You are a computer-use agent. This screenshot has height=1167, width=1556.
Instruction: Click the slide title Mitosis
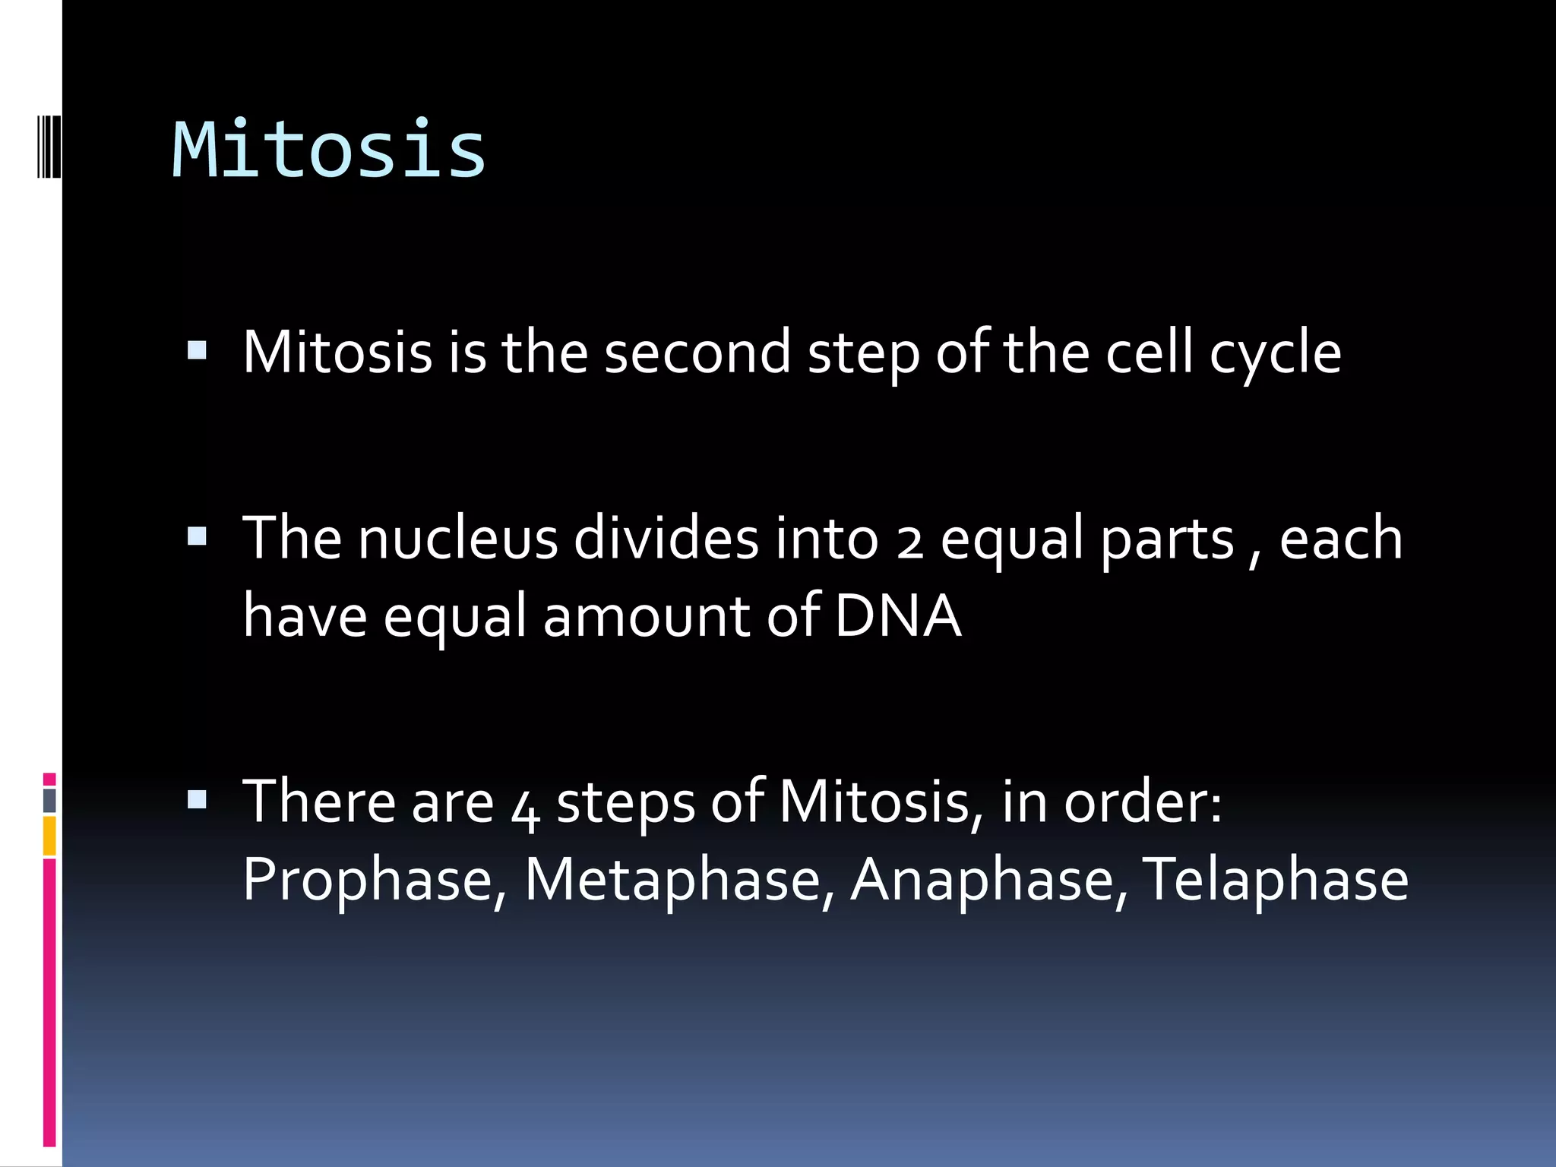pyautogui.click(x=328, y=150)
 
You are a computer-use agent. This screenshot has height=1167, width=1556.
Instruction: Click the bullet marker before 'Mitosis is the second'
pyautogui.click(x=197, y=349)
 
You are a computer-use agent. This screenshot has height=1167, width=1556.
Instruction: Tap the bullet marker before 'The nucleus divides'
pyautogui.click(x=197, y=536)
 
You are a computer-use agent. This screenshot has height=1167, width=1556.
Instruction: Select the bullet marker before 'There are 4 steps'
pyautogui.click(x=197, y=799)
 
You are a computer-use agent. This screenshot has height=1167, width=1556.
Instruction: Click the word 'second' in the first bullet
pyautogui.click(x=697, y=353)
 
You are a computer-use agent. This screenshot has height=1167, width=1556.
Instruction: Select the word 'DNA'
pyautogui.click(x=897, y=615)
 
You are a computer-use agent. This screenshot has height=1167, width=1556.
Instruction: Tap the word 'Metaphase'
pyautogui.click(x=673, y=880)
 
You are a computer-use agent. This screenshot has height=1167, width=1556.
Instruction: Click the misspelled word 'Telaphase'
pyautogui.click(x=1275, y=880)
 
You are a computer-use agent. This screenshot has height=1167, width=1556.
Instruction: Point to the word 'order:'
pyautogui.click(x=1143, y=802)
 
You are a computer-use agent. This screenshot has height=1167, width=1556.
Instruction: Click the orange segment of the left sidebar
pyautogui.click(x=49, y=836)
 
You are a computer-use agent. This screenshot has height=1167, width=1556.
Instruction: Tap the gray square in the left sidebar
pyautogui.click(x=49, y=800)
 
